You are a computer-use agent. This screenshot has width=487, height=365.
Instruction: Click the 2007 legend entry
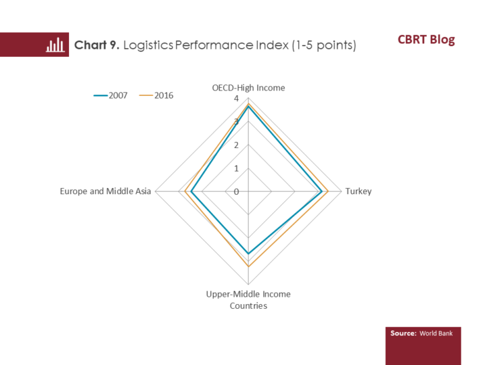[x=110, y=95]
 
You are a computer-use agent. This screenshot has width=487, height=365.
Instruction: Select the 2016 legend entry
[x=156, y=95]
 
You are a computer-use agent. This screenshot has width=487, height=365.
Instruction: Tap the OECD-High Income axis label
[x=248, y=88]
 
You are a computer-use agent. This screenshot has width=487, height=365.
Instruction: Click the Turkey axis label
[x=358, y=191]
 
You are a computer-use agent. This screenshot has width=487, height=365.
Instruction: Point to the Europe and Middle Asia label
[x=106, y=191]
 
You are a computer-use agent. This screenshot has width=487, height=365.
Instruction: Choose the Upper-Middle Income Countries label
[x=248, y=300]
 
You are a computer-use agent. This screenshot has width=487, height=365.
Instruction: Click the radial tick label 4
[x=236, y=99]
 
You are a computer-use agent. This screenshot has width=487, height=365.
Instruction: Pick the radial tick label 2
[x=236, y=145]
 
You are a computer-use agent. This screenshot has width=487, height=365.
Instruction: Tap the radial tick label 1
[x=236, y=168]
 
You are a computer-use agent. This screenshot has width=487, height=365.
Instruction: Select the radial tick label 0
[x=236, y=192]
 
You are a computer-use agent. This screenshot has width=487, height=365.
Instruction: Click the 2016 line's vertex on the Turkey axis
[x=328, y=191]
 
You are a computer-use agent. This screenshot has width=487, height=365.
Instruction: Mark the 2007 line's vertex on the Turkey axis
[x=322, y=191]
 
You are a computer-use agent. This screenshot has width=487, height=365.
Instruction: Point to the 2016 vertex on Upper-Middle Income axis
[x=248, y=266]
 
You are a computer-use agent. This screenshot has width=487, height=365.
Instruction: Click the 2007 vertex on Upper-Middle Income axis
[x=248, y=253]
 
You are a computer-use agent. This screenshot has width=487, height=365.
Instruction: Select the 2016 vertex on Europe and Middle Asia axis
[x=185, y=191]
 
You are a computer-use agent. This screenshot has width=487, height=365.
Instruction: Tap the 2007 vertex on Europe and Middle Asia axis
[x=191, y=191]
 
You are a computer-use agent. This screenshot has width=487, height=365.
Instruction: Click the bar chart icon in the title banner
[x=55, y=45]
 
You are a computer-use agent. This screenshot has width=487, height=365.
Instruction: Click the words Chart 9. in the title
[x=97, y=45]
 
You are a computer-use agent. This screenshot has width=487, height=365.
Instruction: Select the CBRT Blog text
[x=426, y=40]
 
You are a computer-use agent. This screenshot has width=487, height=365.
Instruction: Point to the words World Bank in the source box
[x=436, y=333]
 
